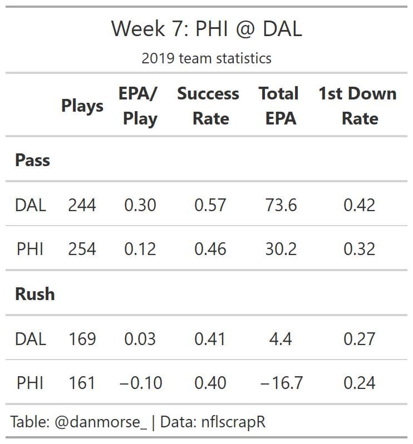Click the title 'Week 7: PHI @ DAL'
206,28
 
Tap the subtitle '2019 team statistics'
206,58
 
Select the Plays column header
82,106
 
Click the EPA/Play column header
139,106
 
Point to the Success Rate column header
209,106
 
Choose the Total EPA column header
279,106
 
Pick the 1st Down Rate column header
358,106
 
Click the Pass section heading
32,160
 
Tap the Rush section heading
35,293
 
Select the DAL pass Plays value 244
82,205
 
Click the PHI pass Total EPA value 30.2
281,249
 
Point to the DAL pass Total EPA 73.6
281,205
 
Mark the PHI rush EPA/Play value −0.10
141,383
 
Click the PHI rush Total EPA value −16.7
281,383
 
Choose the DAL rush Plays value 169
82,338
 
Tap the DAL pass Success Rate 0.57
210,205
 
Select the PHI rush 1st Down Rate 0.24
359,383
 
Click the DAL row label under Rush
31,338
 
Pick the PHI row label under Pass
31,249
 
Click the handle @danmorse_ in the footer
101,422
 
